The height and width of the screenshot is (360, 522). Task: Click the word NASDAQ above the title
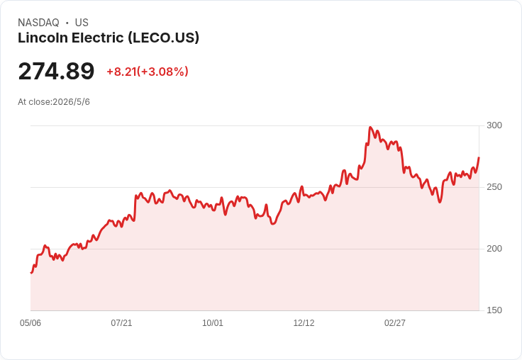(x=38, y=23)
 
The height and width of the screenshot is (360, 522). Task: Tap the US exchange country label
(x=82, y=23)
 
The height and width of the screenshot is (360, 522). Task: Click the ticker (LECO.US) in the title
(x=163, y=38)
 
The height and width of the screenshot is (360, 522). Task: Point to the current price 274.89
(x=56, y=72)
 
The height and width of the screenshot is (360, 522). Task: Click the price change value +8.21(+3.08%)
(x=148, y=72)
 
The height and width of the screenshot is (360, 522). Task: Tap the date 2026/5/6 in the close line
(x=71, y=102)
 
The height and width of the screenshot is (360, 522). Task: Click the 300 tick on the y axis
(x=494, y=125)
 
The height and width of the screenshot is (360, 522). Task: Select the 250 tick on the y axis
(x=494, y=187)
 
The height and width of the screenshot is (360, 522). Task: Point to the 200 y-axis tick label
(x=494, y=249)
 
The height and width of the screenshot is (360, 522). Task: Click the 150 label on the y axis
(x=494, y=310)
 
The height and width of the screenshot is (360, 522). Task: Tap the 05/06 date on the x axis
(x=30, y=323)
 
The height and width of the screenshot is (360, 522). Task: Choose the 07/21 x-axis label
(x=121, y=323)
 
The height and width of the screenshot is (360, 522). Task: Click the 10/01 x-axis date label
(x=213, y=323)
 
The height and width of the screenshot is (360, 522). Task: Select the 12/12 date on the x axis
(x=304, y=323)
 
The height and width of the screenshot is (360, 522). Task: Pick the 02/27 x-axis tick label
(x=395, y=323)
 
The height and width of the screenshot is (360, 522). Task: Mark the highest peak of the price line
(x=370, y=127)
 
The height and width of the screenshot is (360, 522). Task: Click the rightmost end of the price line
(x=479, y=158)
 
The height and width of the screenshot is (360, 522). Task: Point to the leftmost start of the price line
(x=31, y=273)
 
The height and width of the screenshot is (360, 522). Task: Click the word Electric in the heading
(x=98, y=38)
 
